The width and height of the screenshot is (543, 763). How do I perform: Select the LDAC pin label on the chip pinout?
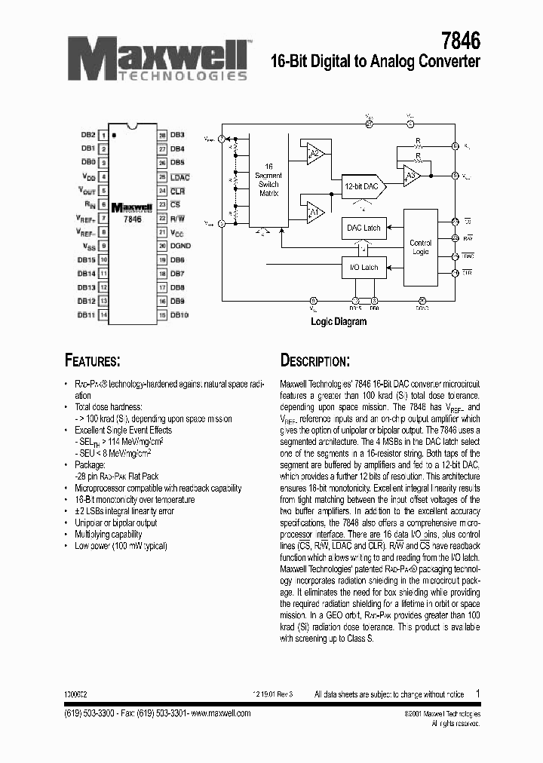[x=180, y=177]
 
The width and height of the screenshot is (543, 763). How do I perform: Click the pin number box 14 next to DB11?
[x=104, y=314]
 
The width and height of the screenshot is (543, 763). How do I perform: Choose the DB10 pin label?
[x=179, y=314]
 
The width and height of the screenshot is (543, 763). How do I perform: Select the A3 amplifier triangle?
[x=410, y=176]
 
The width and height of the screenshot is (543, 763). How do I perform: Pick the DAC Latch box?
[x=364, y=228]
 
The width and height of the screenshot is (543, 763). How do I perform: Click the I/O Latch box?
[x=364, y=267]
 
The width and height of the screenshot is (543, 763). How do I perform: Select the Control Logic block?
[x=421, y=247]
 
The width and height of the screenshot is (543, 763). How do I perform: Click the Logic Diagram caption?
[x=339, y=322]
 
